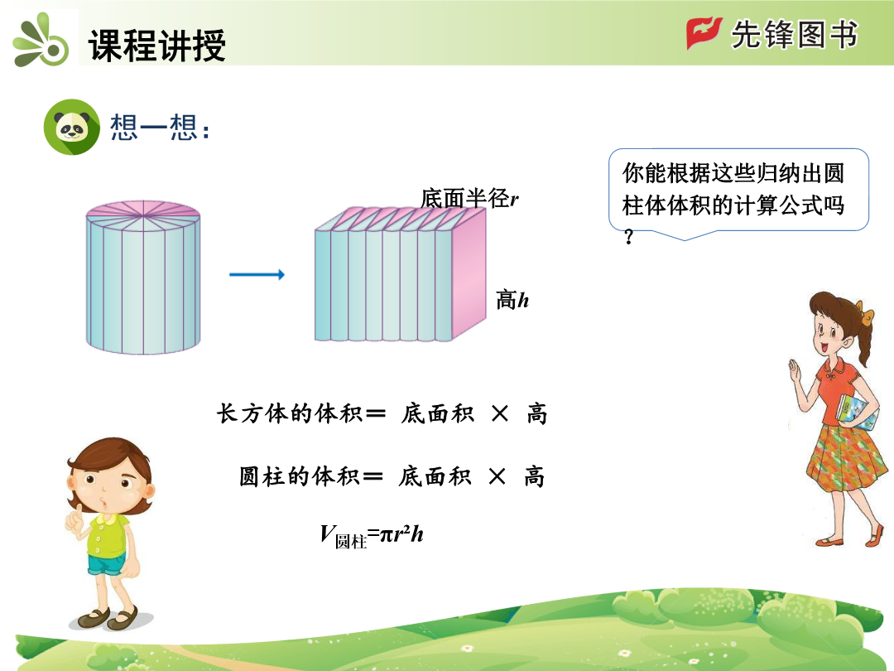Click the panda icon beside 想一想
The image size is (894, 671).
(x=72, y=127)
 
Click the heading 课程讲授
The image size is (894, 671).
(x=157, y=45)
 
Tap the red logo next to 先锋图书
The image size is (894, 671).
(x=704, y=32)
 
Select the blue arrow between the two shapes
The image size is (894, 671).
(x=257, y=274)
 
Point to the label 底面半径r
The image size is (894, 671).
(x=469, y=199)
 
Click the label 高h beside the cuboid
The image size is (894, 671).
(x=512, y=300)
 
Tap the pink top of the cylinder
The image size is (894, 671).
(x=143, y=216)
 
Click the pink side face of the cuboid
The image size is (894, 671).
(x=469, y=274)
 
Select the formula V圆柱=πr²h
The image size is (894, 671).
(x=372, y=536)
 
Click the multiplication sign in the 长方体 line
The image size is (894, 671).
(x=500, y=413)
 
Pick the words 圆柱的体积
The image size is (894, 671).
(x=300, y=475)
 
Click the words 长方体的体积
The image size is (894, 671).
(x=290, y=413)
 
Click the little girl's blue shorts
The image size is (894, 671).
(x=107, y=564)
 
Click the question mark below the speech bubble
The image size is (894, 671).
(x=629, y=236)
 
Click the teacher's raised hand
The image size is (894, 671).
(x=794, y=373)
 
